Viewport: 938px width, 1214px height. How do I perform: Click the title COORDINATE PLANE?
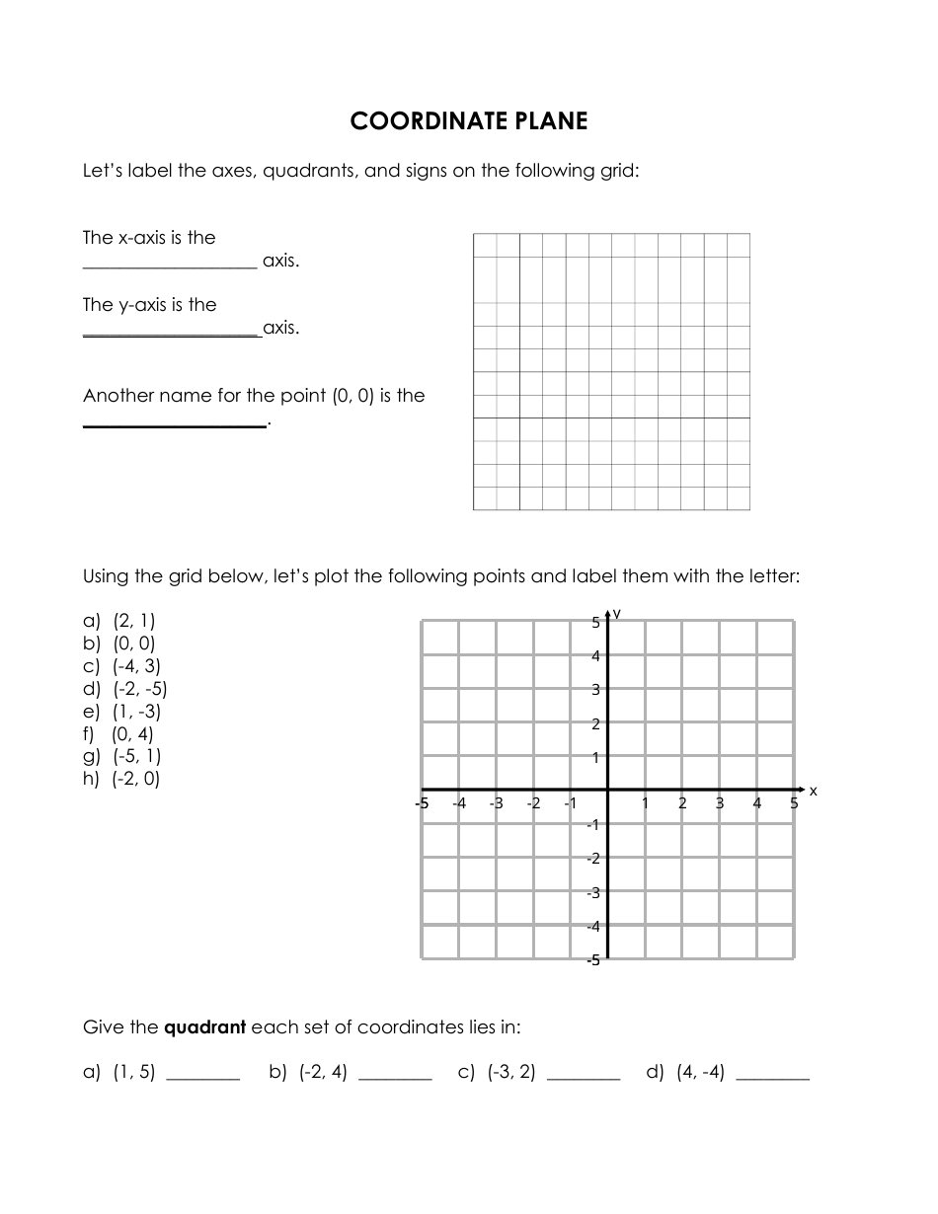[469, 121]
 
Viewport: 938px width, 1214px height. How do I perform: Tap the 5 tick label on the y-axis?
[596, 623]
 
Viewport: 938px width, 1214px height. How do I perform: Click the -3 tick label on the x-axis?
[496, 803]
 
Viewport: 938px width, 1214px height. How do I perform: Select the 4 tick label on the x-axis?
[757, 803]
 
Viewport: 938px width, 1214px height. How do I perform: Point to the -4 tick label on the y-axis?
[593, 927]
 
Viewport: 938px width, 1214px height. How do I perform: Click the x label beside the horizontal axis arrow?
[814, 791]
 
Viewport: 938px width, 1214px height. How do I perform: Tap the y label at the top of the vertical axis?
[617, 613]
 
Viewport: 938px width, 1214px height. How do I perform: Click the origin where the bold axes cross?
[607, 790]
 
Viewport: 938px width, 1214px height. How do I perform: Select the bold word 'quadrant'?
[204, 1027]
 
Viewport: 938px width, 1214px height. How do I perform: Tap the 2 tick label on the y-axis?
[596, 724]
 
